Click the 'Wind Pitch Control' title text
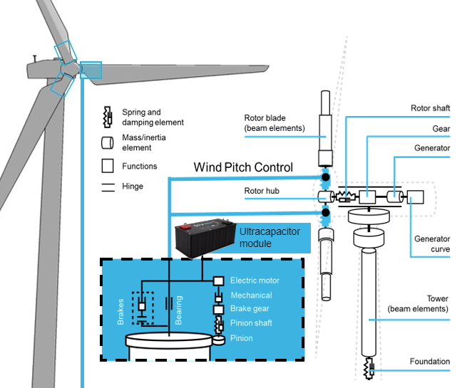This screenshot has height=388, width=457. [x=243, y=167]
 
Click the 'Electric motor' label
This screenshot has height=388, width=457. [x=255, y=280]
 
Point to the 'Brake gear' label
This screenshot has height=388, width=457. [x=250, y=309]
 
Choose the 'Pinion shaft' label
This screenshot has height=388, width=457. [x=251, y=323]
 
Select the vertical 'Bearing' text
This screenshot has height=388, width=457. [x=180, y=310]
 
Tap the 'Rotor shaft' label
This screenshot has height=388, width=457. [x=430, y=108]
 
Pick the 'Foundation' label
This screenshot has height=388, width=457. [x=429, y=362]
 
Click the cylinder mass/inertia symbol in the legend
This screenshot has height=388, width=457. [x=108, y=142]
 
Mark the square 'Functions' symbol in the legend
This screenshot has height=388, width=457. [x=108, y=166]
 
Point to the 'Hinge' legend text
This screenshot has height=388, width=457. [x=133, y=187]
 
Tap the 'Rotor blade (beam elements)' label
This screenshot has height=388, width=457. [x=274, y=122]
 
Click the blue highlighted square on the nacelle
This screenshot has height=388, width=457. [x=91, y=70]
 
